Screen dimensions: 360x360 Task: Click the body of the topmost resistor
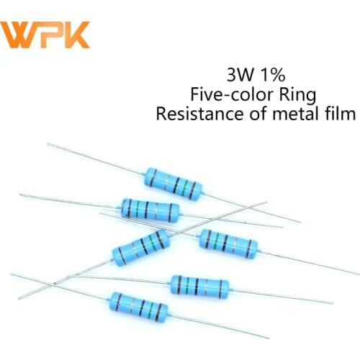click(x=173, y=182)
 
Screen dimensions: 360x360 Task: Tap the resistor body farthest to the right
click(x=227, y=242)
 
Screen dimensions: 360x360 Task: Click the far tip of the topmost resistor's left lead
click(x=48, y=144)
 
